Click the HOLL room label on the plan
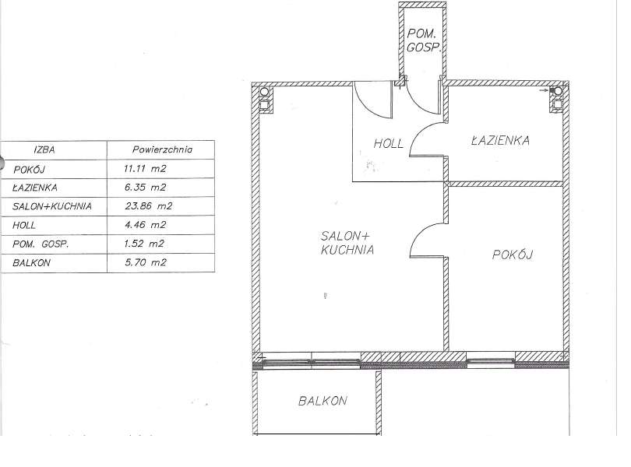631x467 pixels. [389, 143]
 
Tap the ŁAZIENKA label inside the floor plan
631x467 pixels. [500, 140]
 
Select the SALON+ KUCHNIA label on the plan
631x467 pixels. [347, 243]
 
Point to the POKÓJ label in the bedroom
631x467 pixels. [513, 255]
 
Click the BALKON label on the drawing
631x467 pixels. [323, 401]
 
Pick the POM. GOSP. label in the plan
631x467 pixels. [424, 40]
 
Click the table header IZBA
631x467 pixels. [44, 149]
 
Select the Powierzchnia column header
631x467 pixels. [163, 149]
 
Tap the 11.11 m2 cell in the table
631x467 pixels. [145, 169]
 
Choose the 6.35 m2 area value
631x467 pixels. [145, 187]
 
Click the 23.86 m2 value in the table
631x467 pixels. [149, 206]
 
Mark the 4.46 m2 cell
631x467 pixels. [145, 224]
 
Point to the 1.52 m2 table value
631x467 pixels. [144, 244]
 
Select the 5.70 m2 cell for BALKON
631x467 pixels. [145, 262]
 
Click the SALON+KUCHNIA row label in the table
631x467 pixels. [52, 206]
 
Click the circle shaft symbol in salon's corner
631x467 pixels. [264, 92]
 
